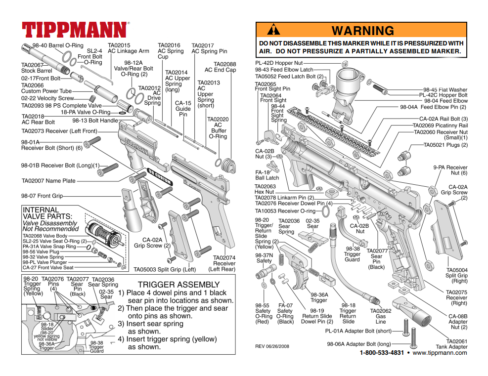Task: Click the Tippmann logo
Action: (75, 30)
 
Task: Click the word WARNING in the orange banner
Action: (362, 31)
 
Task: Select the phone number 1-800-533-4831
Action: (382, 353)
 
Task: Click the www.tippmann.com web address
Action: (440, 353)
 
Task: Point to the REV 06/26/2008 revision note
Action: (272, 346)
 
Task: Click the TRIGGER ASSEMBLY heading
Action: (178, 285)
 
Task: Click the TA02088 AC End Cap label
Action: (224, 67)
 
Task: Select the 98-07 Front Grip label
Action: (42, 196)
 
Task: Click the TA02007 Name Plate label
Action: (48, 181)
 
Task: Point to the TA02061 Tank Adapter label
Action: (451, 344)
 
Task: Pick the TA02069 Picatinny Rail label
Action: (440, 125)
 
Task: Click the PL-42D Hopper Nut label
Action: (279, 63)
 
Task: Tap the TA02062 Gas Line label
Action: (380, 316)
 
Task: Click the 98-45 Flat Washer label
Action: (445, 90)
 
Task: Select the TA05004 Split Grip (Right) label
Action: (456, 275)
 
